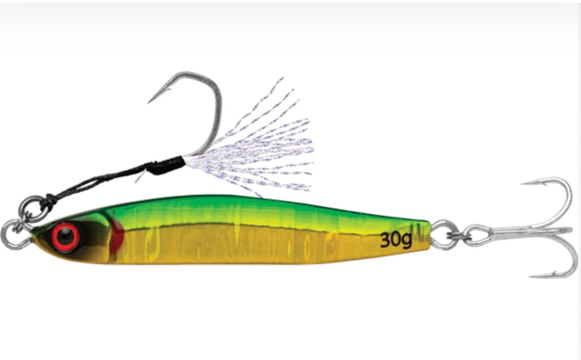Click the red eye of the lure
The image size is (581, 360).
[65, 237]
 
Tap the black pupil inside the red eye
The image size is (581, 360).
[66, 237]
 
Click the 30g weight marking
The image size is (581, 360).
[396, 240]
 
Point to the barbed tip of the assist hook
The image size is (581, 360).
[149, 102]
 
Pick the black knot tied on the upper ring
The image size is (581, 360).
[50, 202]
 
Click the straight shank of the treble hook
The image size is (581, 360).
[530, 232]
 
